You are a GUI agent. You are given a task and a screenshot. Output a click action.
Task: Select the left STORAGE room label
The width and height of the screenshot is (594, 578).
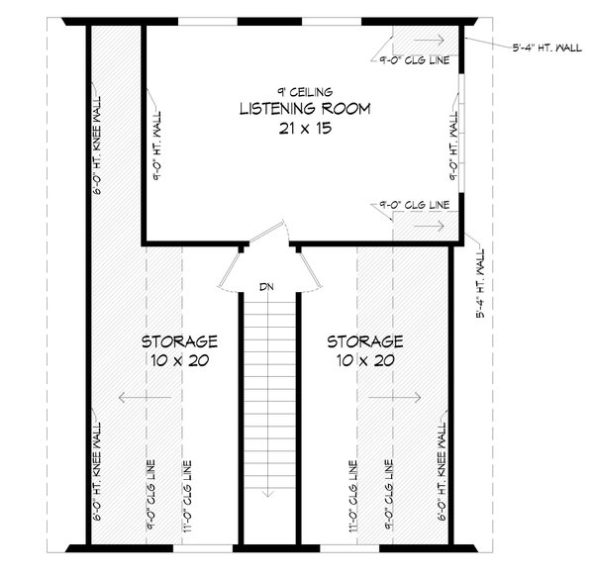pyautogui.click(x=178, y=341)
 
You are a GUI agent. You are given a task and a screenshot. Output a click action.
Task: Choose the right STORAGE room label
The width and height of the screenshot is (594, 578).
pyautogui.click(x=365, y=341)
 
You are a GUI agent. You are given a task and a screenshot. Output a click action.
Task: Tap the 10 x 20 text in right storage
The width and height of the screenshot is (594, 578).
pyautogui.click(x=365, y=362)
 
